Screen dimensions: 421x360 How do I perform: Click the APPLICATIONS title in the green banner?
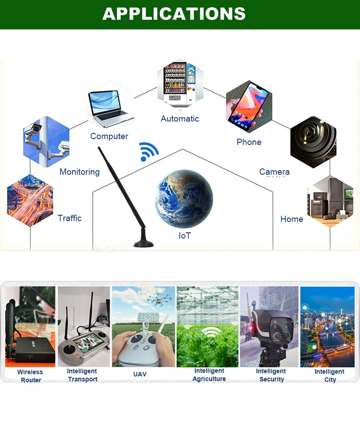pos(174,14)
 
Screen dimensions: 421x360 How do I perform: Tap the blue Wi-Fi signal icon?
pos(148,151)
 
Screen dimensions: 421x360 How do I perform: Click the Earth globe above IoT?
pos(184,199)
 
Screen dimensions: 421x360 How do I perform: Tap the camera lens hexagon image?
pos(313,142)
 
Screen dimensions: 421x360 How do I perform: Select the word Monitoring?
pos(80,172)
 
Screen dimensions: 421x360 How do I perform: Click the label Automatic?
pos(180,119)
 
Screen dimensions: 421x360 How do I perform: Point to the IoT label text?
pos(184,235)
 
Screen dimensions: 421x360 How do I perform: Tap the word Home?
pos(292,219)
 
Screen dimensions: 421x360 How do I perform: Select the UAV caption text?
pos(140,374)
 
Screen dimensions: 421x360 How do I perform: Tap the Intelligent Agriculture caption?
pos(209,375)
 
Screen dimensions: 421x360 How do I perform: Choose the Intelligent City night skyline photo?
pos(327,326)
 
